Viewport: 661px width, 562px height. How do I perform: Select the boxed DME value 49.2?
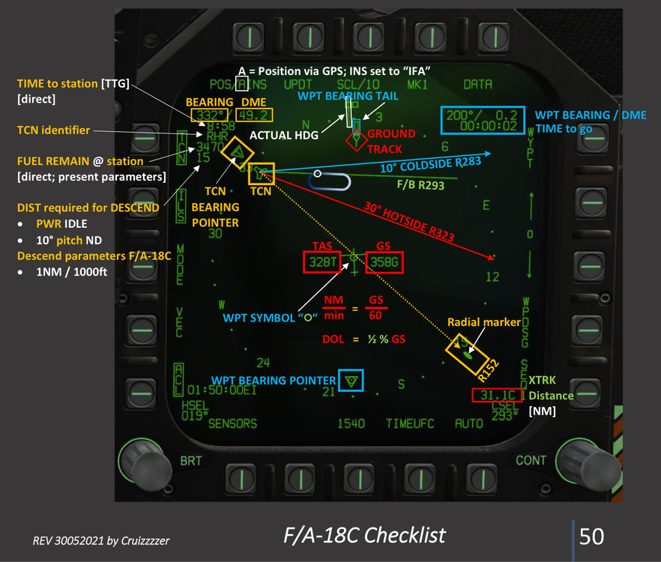point(254,115)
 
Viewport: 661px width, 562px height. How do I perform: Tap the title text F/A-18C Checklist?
point(364,535)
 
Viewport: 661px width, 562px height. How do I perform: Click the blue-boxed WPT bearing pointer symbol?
point(350,381)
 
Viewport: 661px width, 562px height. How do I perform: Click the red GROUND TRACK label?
point(391,141)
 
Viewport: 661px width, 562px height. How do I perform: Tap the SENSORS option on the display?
point(232,423)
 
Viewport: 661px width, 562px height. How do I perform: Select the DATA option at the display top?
point(477,85)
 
